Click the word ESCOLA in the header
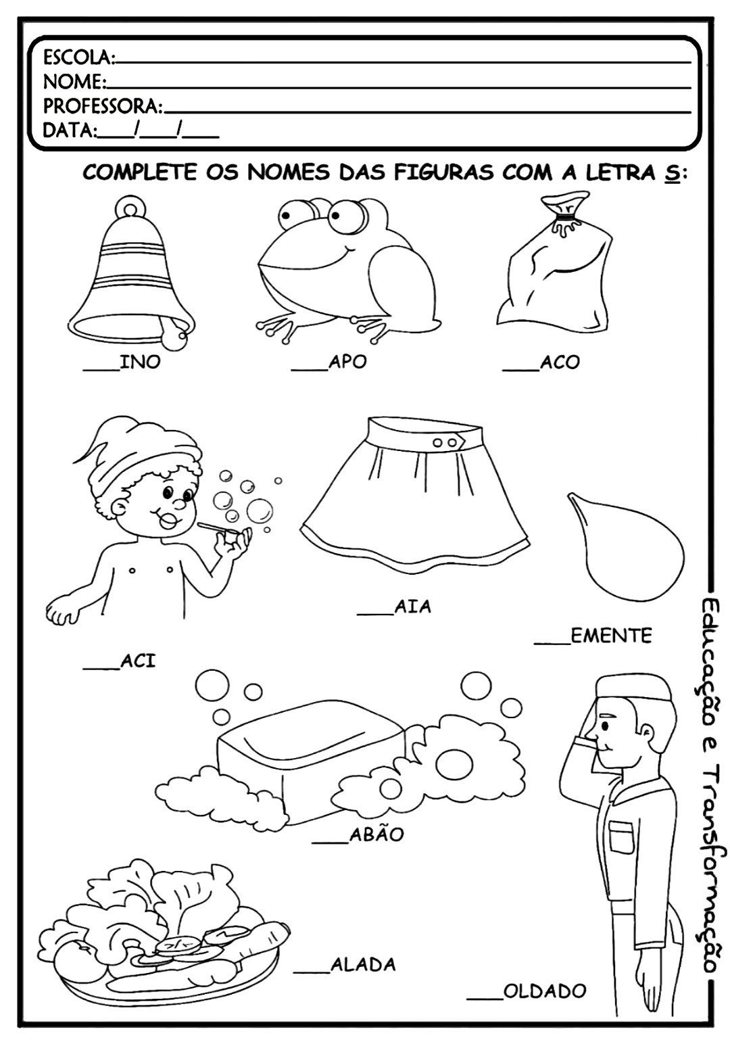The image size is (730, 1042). tap(78, 57)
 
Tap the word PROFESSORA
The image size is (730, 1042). tap(102, 106)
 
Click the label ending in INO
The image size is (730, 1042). tap(122, 362)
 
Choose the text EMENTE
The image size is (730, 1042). tap(611, 636)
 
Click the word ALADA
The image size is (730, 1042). tap(363, 965)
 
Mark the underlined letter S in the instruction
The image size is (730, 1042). tap(671, 174)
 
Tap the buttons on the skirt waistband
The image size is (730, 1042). tap(444, 442)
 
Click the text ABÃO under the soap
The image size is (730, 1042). tap(376, 834)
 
